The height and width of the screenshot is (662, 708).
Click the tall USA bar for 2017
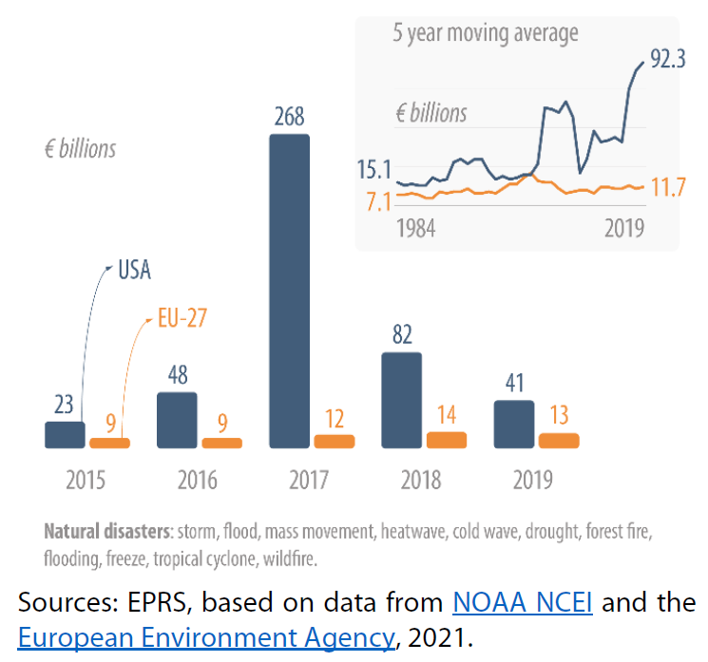pos(289,291)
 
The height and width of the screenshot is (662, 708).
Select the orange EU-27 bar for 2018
pos(447,440)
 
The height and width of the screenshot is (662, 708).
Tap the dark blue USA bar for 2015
pos(65,435)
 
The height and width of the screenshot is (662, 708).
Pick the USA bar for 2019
pos(514,424)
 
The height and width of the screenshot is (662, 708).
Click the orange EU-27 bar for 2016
pos(222,443)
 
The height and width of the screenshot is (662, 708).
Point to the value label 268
pos(289,117)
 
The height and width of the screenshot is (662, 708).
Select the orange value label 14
pos(447,414)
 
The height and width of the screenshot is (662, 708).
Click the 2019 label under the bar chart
pos(533,480)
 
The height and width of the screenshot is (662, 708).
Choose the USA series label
pos(134,270)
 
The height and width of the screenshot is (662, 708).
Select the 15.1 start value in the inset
pos(374,171)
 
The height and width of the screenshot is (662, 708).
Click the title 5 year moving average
pos(486,34)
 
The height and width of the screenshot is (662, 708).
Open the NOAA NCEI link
pos(523,602)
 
